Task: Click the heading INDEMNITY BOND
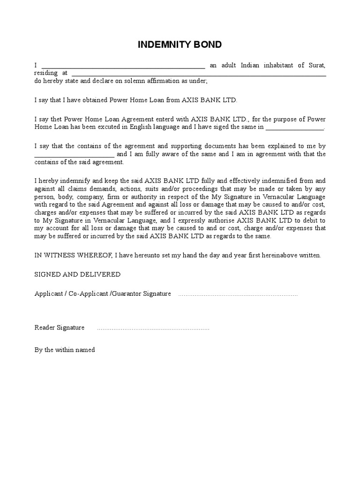pyautogui.click(x=180, y=45)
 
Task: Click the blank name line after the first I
pyautogui.click(x=123, y=67)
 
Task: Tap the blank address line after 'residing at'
pyautogui.click(x=198, y=75)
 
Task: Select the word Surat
pyautogui.click(x=317, y=65)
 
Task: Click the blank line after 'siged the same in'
pyautogui.click(x=295, y=128)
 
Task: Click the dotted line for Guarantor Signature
pyautogui.click(x=238, y=295)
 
